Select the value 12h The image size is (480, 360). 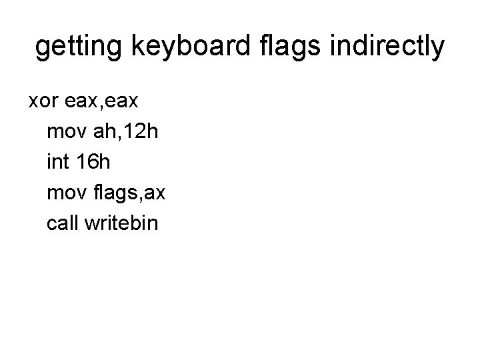141,131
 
